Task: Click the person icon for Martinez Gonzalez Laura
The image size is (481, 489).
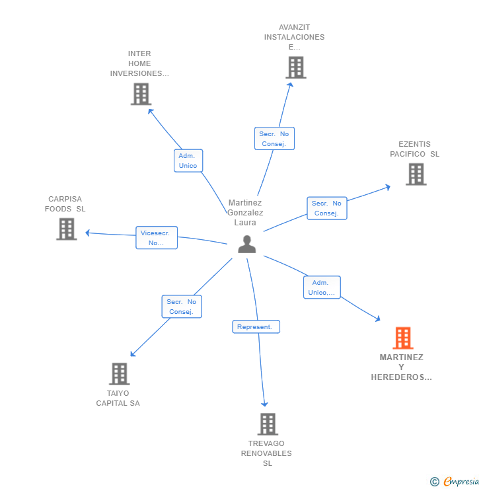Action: [x=246, y=244]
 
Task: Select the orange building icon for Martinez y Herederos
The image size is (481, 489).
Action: [x=402, y=338]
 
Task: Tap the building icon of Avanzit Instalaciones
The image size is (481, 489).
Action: [x=295, y=67]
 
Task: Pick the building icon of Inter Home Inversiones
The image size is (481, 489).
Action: [x=141, y=94]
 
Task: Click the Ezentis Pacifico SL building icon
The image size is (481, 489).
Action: [x=416, y=174]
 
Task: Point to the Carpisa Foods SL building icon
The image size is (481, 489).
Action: [x=66, y=229]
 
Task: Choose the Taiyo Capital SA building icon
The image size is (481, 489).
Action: [x=119, y=373]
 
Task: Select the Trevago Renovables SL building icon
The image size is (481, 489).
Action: [x=267, y=424]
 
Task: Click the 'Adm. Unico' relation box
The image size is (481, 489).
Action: [x=188, y=161]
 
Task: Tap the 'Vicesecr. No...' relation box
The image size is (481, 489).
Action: [x=157, y=238]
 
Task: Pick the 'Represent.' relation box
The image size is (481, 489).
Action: [x=256, y=326]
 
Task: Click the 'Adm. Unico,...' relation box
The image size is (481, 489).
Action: [x=322, y=287]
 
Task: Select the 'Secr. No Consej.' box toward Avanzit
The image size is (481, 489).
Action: [x=274, y=139]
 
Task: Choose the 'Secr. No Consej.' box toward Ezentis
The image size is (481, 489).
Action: [x=326, y=208]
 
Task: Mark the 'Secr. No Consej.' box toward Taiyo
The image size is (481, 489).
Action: [x=182, y=307]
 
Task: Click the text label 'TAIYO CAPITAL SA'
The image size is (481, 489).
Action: [x=118, y=398]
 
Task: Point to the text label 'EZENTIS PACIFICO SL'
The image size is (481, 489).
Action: [x=414, y=149]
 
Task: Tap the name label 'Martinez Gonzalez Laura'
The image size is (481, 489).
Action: [x=245, y=213]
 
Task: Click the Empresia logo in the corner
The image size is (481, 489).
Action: [x=455, y=481]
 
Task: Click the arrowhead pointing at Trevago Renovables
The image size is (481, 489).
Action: [x=265, y=404]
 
